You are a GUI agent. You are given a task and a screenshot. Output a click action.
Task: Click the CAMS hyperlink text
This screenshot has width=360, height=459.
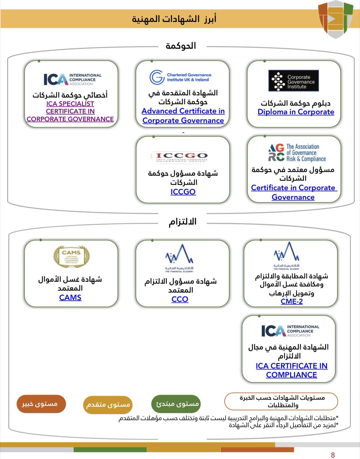[x=70, y=297]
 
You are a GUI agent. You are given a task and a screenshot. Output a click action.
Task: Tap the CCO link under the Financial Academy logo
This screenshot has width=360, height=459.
[x=180, y=299]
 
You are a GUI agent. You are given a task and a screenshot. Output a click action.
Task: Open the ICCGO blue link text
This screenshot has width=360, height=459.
[x=183, y=192]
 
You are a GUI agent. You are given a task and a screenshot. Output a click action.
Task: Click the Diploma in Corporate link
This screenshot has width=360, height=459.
[x=296, y=112]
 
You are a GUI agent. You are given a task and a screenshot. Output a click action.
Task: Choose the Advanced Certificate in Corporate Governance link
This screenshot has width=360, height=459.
[x=183, y=116]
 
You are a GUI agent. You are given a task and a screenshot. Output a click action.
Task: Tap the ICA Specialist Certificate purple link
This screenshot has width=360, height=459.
[x=70, y=111]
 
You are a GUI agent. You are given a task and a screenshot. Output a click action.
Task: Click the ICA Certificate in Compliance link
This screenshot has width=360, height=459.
[x=292, y=370]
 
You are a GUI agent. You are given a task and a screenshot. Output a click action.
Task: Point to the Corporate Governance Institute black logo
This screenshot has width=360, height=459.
[x=293, y=81]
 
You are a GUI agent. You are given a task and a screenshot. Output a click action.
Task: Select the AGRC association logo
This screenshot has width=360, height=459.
[x=296, y=153]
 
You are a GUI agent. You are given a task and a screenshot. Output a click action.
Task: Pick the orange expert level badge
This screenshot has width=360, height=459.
[x=41, y=403]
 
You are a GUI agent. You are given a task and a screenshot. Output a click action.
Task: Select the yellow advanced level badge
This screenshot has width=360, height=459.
[x=107, y=404]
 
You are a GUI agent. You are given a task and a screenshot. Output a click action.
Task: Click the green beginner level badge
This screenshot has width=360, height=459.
[x=176, y=403]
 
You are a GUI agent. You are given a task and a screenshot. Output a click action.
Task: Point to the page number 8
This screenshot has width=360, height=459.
[x=332, y=455]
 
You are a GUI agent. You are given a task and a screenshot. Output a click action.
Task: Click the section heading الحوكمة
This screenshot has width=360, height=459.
[x=181, y=46]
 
